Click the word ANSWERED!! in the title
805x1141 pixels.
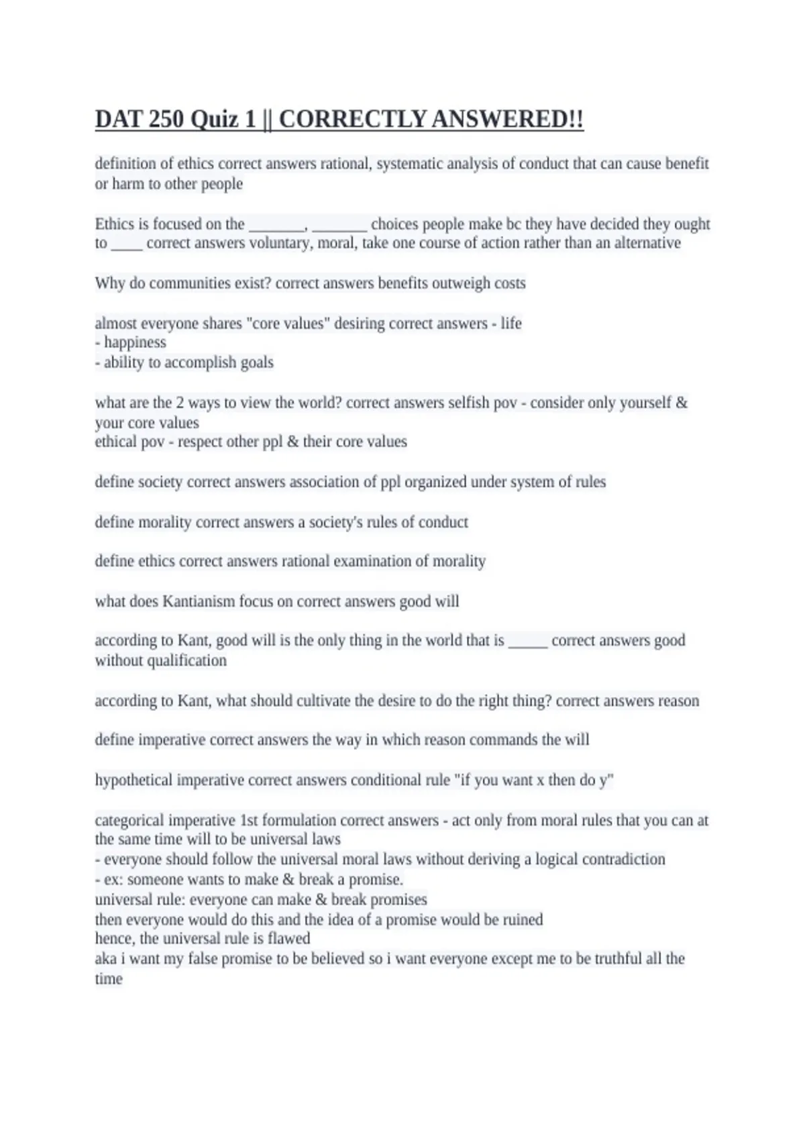point(507,119)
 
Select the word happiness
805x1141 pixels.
point(135,342)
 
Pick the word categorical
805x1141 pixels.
point(129,820)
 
